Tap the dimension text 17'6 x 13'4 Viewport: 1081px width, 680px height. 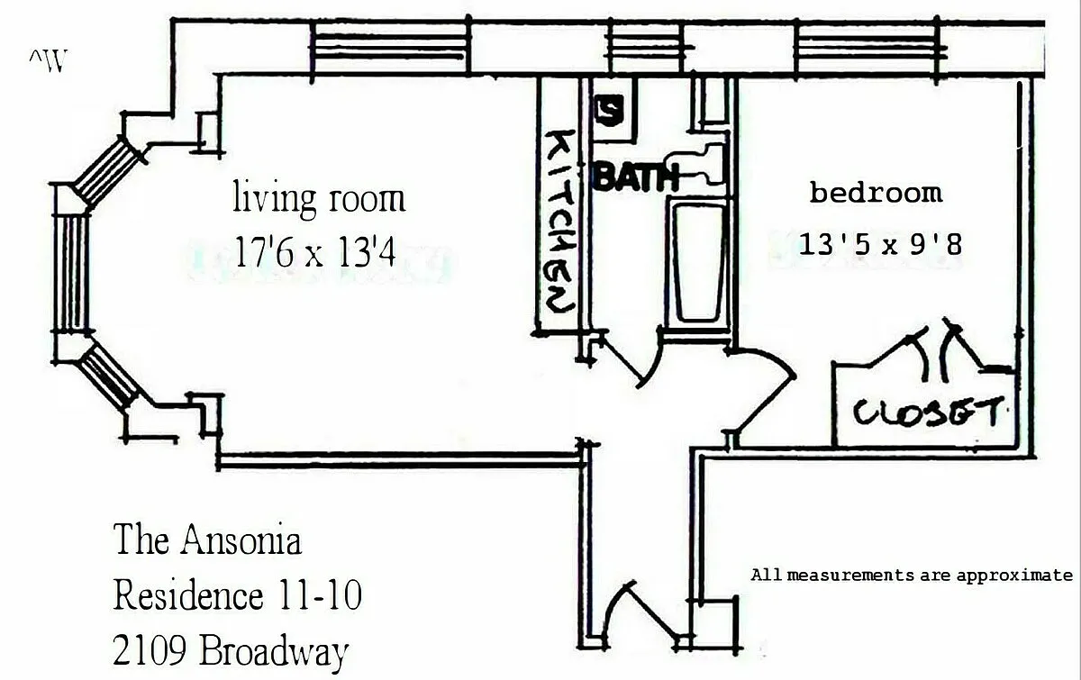(x=315, y=251)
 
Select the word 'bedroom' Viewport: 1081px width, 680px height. (x=876, y=192)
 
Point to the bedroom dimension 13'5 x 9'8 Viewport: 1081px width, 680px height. (x=880, y=244)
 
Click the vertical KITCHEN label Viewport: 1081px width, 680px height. (x=559, y=221)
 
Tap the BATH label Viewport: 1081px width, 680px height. (x=636, y=177)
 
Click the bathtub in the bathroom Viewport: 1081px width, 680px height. (x=698, y=263)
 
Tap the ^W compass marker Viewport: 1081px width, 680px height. (x=48, y=60)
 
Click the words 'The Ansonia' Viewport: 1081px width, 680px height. (x=207, y=539)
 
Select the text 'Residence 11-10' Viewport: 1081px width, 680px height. (x=238, y=595)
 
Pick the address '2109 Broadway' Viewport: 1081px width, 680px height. (x=231, y=650)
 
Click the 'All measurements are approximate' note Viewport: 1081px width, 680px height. (x=912, y=576)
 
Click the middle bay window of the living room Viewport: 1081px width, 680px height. (x=71, y=273)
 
